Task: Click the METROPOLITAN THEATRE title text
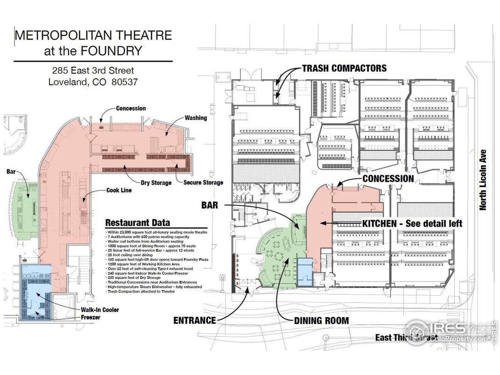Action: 93,35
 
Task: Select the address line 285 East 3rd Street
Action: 93,71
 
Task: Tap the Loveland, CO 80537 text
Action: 93,82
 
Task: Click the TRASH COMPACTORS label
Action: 344,68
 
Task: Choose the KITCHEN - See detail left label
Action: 412,224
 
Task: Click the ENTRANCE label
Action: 194,320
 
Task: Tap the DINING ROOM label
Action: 321,321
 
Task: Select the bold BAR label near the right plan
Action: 210,205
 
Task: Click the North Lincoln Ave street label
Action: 483,180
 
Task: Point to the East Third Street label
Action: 406,337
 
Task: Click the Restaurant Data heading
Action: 138,222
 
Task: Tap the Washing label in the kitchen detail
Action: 196,118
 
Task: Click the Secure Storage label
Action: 203,182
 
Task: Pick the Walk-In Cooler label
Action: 100,310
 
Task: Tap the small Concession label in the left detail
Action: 131,108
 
